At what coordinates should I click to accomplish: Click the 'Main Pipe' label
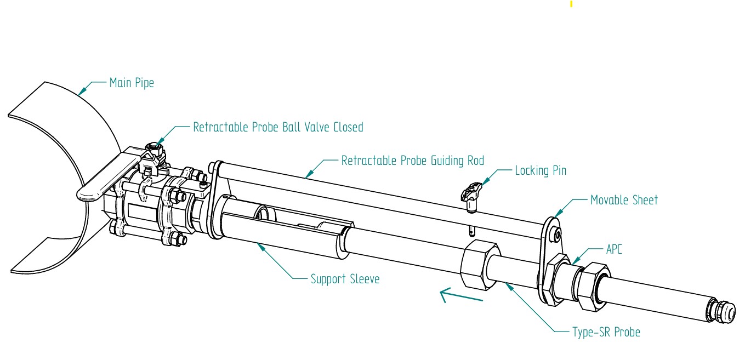[x=132, y=83]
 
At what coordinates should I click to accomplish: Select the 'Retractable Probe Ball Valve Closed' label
[x=278, y=127]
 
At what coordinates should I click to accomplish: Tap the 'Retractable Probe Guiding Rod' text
[x=413, y=161]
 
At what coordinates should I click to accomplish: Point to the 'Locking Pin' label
[x=540, y=170]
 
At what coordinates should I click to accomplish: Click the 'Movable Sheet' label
[x=624, y=200]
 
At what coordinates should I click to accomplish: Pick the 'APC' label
[x=614, y=250]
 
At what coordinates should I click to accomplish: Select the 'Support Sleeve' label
[x=345, y=279]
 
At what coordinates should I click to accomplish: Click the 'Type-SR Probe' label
[x=606, y=332]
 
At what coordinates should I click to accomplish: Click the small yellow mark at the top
[x=571, y=4]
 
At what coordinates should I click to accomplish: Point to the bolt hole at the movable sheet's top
[x=557, y=235]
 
